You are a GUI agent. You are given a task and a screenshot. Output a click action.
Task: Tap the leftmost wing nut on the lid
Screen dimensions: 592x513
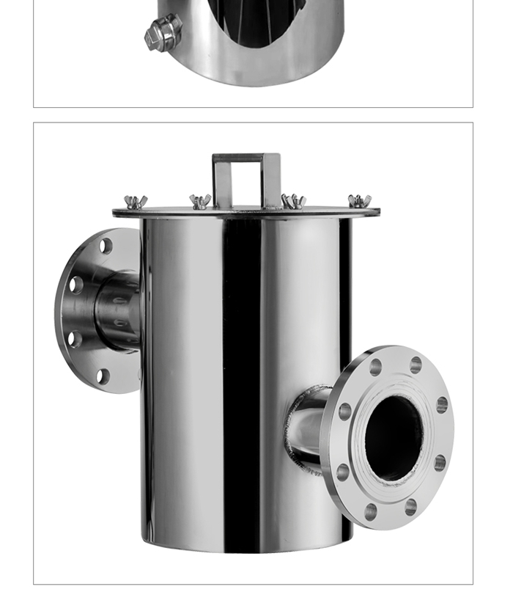pos(136,202)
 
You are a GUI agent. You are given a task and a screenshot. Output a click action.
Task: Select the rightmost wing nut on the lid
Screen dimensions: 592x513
pos(359,201)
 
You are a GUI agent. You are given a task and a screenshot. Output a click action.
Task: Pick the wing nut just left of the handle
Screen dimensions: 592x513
pos(200,202)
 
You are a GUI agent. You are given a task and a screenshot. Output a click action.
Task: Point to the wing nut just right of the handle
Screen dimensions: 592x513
pos(293,202)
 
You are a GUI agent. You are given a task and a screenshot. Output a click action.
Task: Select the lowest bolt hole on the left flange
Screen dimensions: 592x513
pos(103,376)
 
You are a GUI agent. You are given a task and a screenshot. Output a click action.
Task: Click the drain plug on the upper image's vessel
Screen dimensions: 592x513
pos(163,33)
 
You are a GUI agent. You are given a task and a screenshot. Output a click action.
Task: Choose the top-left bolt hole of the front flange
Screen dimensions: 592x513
pos(375,367)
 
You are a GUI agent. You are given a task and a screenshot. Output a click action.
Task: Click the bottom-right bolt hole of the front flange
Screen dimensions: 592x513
pos(410,506)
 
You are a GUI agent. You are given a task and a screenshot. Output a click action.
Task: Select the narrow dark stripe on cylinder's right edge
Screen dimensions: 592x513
pos(345,293)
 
